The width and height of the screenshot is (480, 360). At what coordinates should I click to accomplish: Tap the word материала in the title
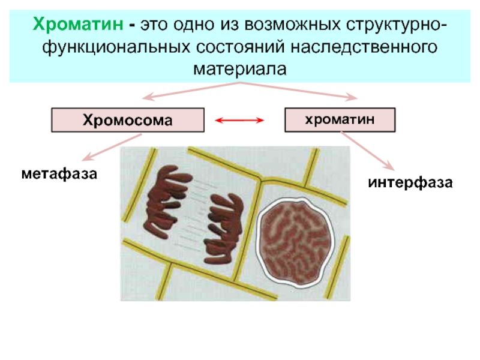[240, 68]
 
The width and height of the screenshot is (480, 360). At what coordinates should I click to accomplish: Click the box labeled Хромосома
[127, 120]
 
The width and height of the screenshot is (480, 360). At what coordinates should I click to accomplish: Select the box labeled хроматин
[340, 119]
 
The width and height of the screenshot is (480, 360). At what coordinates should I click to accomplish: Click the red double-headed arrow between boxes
[240, 121]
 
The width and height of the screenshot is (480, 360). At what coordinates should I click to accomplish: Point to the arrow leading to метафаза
[110, 147]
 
